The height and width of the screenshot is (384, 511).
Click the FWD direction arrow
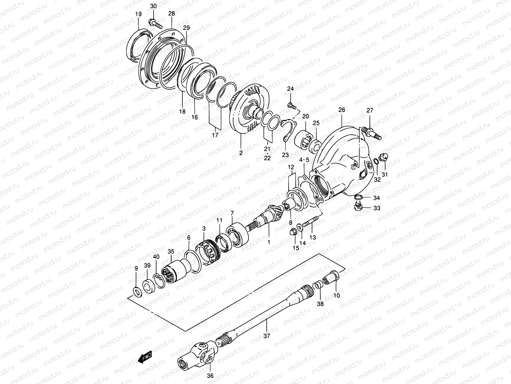pos(145,357)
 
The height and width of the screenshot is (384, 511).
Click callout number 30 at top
pos(153,6)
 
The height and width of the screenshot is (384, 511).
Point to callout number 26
pos(342,110)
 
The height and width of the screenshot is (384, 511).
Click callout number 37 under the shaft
pos(267,336)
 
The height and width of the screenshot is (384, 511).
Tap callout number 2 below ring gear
pos(241,153)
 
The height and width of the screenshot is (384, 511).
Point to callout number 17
pos(215,135)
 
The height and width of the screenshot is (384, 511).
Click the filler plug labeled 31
pos(383,157)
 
